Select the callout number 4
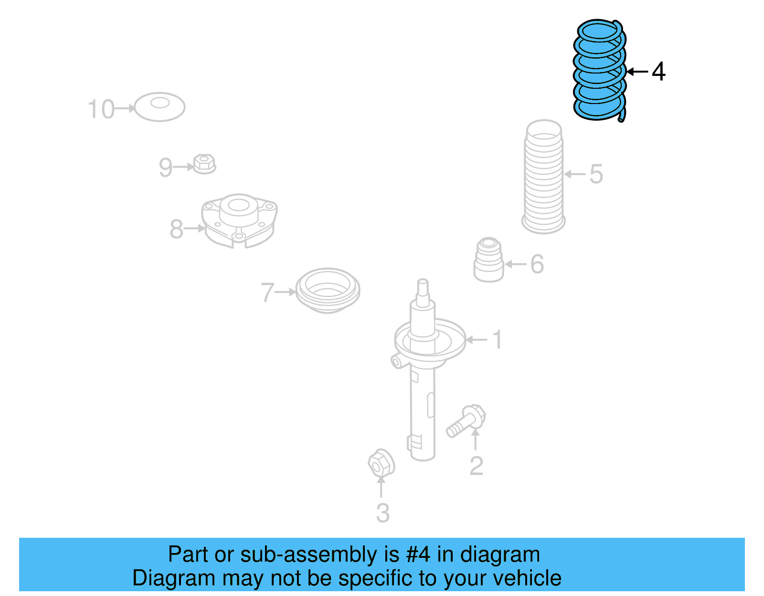click(x=658, y=72)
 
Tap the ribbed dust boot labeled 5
click(x=543, y=177)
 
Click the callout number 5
click(x=596, y=174)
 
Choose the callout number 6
click(x=537, y=264)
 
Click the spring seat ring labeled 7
click(x=328, y=290)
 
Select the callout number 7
click(x=267, y=292)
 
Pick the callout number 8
click(x=176, y=229)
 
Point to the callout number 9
click(x=165, y=167)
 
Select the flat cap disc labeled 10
click(x=159, y=107)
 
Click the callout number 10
click(x=101, y=109)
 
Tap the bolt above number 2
click(x=466, y=420)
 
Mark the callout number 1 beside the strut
click(x=497, y=340)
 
